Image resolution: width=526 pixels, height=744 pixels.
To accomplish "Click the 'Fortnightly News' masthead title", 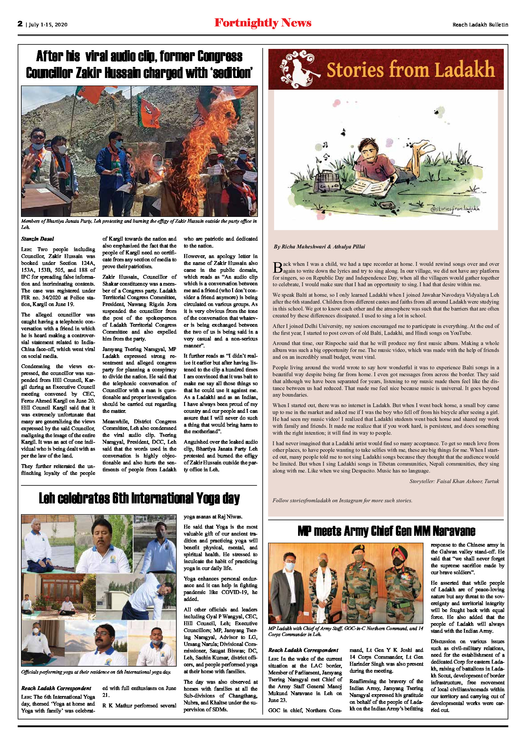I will point(263,23).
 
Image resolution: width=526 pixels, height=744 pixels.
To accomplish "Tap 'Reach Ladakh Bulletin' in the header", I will point(480,25).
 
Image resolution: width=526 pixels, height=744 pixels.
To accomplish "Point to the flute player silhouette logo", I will point(298,69).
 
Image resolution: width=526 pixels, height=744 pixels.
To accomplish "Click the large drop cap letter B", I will point(278,268).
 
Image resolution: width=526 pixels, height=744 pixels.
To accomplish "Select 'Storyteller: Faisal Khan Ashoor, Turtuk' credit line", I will point(454,481).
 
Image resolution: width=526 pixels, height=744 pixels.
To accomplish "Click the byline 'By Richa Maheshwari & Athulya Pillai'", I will point(319,247).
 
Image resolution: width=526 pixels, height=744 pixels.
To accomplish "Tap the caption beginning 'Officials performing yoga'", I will point(96,672).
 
